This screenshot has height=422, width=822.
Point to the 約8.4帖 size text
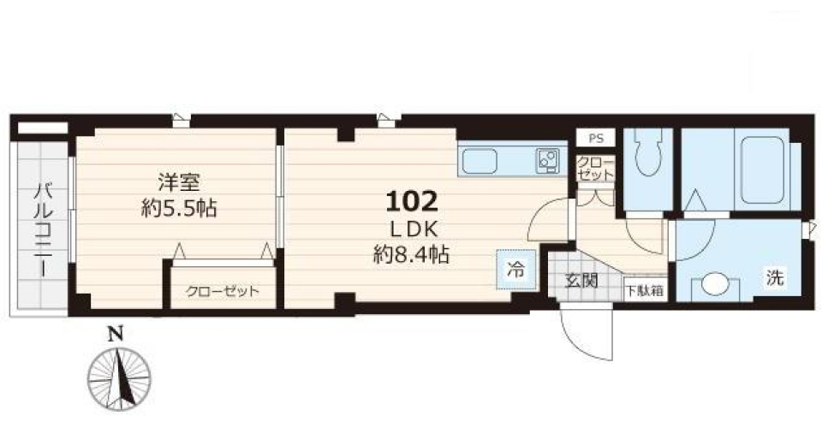412,254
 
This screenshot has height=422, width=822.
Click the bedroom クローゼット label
222,291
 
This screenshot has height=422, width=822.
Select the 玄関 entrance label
581,279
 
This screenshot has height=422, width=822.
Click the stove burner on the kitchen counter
546,158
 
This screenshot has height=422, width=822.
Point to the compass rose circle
120,377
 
